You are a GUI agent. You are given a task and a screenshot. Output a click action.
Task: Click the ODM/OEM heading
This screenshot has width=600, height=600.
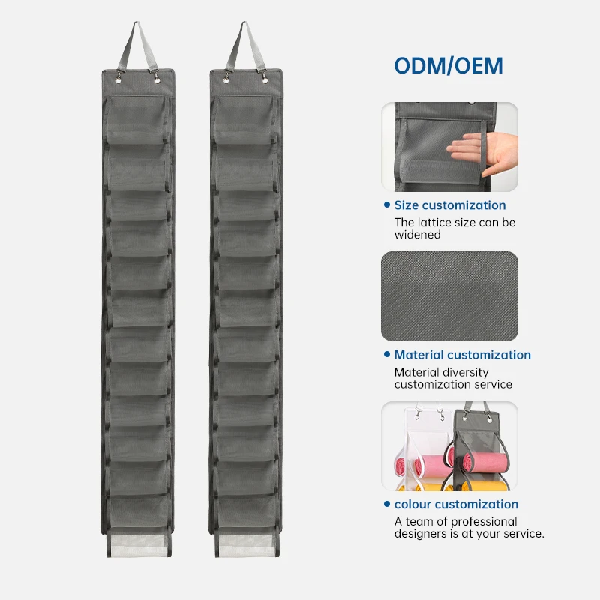(448, 65)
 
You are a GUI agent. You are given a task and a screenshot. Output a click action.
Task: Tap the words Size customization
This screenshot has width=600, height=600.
(450, 205)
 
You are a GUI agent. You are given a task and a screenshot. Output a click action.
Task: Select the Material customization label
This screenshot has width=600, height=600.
(462, 355)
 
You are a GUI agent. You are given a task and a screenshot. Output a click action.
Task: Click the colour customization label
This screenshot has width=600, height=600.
(456, 504)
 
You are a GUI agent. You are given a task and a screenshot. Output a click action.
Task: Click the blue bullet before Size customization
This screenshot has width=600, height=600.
(386, 205)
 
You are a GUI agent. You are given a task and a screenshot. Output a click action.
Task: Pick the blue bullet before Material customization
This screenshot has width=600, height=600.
(386, 355)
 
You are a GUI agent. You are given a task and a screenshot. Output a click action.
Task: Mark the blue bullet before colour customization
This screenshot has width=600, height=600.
(386, 504)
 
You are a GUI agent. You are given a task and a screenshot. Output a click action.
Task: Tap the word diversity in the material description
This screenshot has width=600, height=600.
(466, 371)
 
